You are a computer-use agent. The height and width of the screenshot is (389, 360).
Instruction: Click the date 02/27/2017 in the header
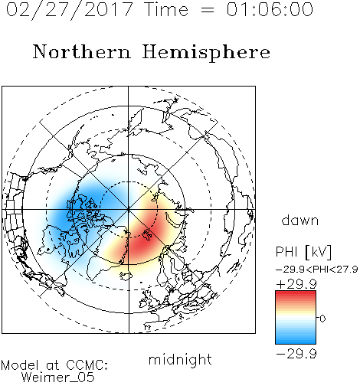coord(70,10)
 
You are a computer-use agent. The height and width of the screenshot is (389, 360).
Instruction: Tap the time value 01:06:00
coord(270,9)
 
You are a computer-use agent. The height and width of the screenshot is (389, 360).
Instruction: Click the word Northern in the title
coord(82,51)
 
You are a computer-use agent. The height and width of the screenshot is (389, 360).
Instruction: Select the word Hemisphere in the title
coord(206,53)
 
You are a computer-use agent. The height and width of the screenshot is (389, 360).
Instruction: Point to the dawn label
coord(300,220)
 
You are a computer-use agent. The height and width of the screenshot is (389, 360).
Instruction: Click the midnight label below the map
coord(180,360)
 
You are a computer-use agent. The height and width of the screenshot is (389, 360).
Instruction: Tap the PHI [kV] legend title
coord(303,252)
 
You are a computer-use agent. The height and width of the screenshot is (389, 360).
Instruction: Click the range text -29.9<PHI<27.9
coord(317,270)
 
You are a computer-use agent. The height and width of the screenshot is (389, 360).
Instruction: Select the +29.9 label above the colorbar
coord(296,284)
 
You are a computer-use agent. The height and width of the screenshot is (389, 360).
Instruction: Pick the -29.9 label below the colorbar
coord(296,354)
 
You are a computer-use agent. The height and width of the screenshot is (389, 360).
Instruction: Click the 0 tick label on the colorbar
coord(322,319)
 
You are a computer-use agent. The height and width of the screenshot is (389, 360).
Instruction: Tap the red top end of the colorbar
coord(296,293)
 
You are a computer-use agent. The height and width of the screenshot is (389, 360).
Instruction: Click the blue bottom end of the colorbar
coord(296,342)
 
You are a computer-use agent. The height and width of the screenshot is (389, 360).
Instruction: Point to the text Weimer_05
coord(58,378)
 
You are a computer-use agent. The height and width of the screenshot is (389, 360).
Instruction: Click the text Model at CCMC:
coord(54,365)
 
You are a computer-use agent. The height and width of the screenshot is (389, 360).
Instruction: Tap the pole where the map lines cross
coord(129,209)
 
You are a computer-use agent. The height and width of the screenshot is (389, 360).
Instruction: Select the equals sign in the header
coord(208,10)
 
